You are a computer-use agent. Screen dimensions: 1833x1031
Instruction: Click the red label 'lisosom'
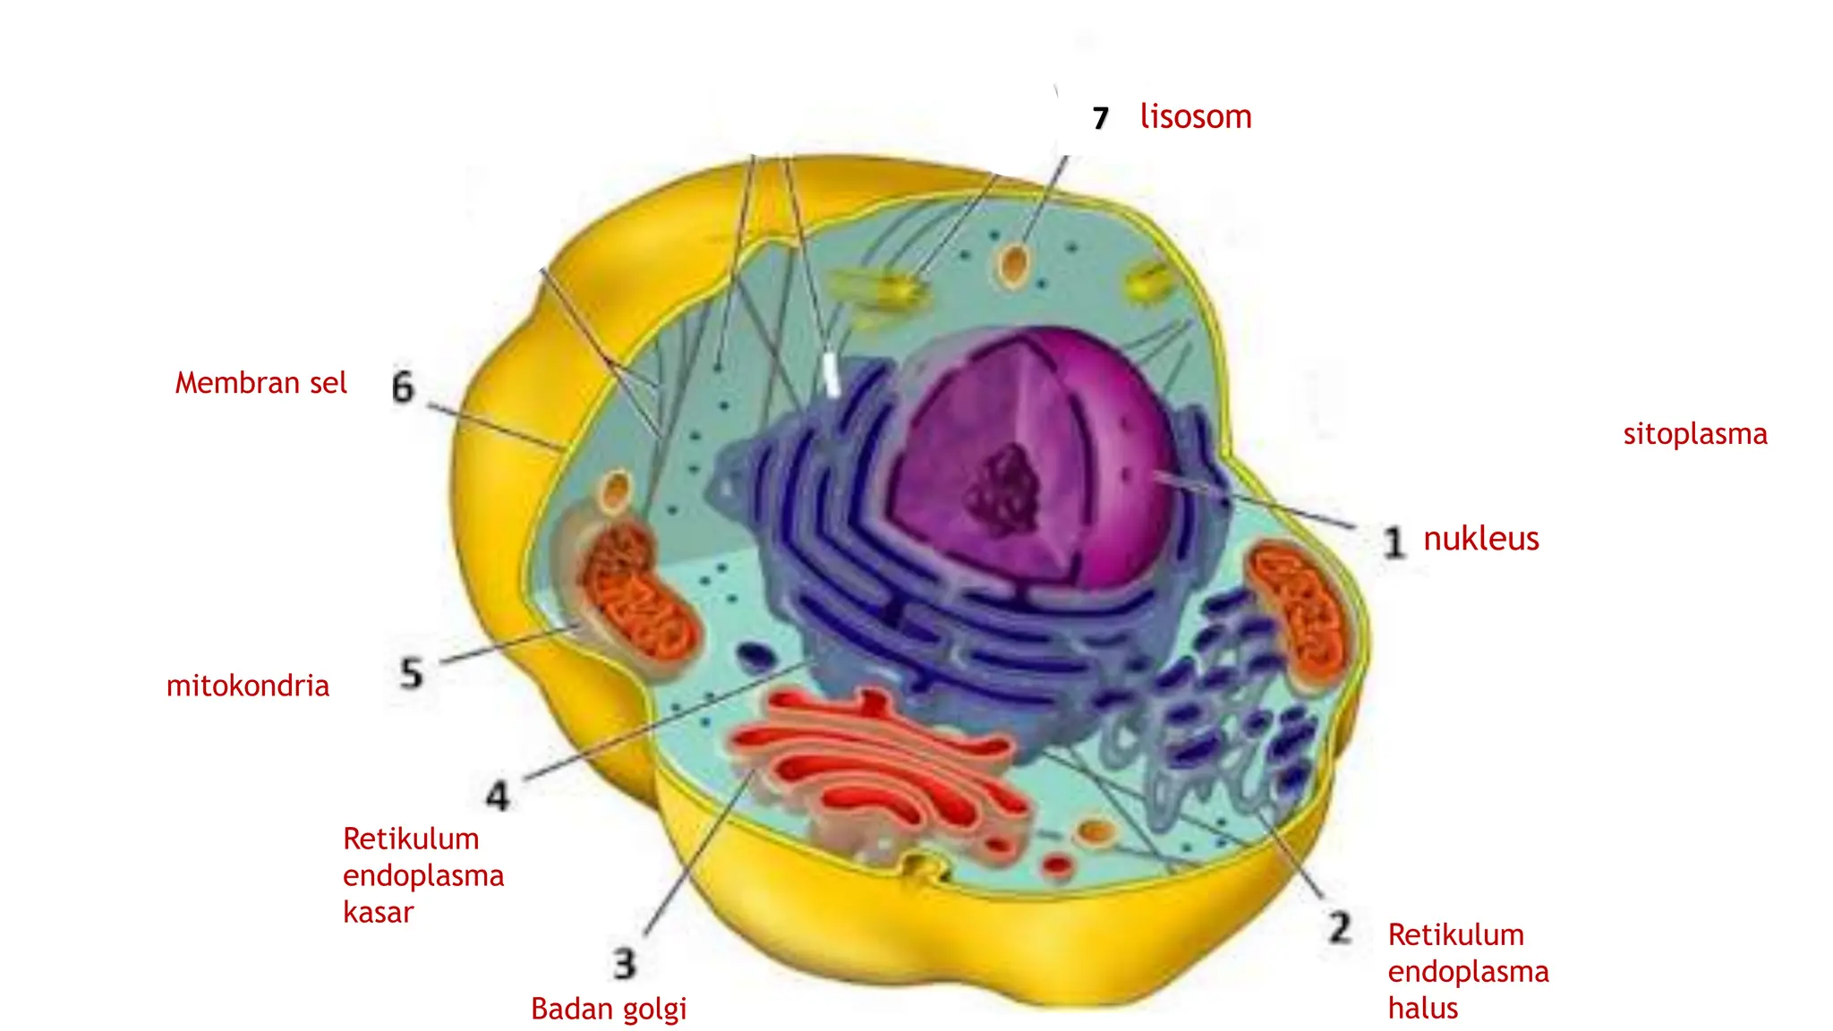1196,116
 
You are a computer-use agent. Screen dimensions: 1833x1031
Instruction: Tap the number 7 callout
1101,118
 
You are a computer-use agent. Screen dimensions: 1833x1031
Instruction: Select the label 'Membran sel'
260,383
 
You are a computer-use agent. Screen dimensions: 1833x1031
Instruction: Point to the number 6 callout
404,387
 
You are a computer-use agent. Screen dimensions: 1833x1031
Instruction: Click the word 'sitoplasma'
1695,435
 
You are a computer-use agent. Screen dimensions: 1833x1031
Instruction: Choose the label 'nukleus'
1481,538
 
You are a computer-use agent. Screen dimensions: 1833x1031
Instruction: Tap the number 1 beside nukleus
1394,542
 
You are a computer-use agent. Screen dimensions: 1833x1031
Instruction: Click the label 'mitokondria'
248,686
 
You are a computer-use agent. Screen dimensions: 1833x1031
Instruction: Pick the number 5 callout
411,673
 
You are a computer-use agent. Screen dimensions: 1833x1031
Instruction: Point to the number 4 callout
498,796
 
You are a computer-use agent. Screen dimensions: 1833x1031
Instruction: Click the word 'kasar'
379,912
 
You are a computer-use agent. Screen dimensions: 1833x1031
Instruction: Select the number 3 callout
625,964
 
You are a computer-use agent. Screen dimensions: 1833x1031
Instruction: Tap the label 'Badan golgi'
609,1010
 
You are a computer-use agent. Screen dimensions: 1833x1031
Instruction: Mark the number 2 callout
1340,927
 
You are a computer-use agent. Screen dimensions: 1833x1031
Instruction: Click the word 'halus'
1423,1009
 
